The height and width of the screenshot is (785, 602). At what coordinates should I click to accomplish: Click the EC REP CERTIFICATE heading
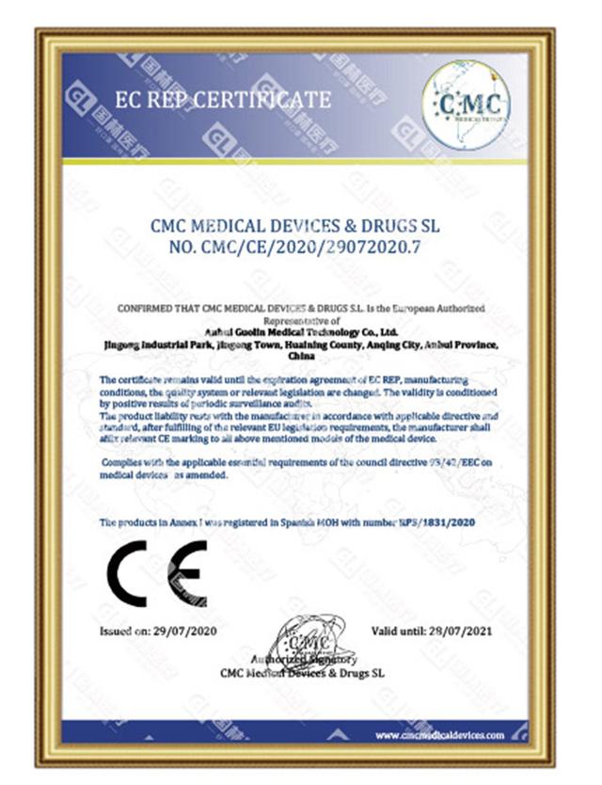[222, 100]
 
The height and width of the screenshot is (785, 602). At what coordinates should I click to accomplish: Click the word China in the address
[301, 358]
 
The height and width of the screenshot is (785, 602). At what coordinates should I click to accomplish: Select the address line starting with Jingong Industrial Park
[300, 344]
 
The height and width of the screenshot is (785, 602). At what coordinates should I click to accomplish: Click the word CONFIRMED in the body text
[142, 309]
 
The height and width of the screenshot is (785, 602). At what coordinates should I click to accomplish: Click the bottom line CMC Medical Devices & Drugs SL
[302, 673]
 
